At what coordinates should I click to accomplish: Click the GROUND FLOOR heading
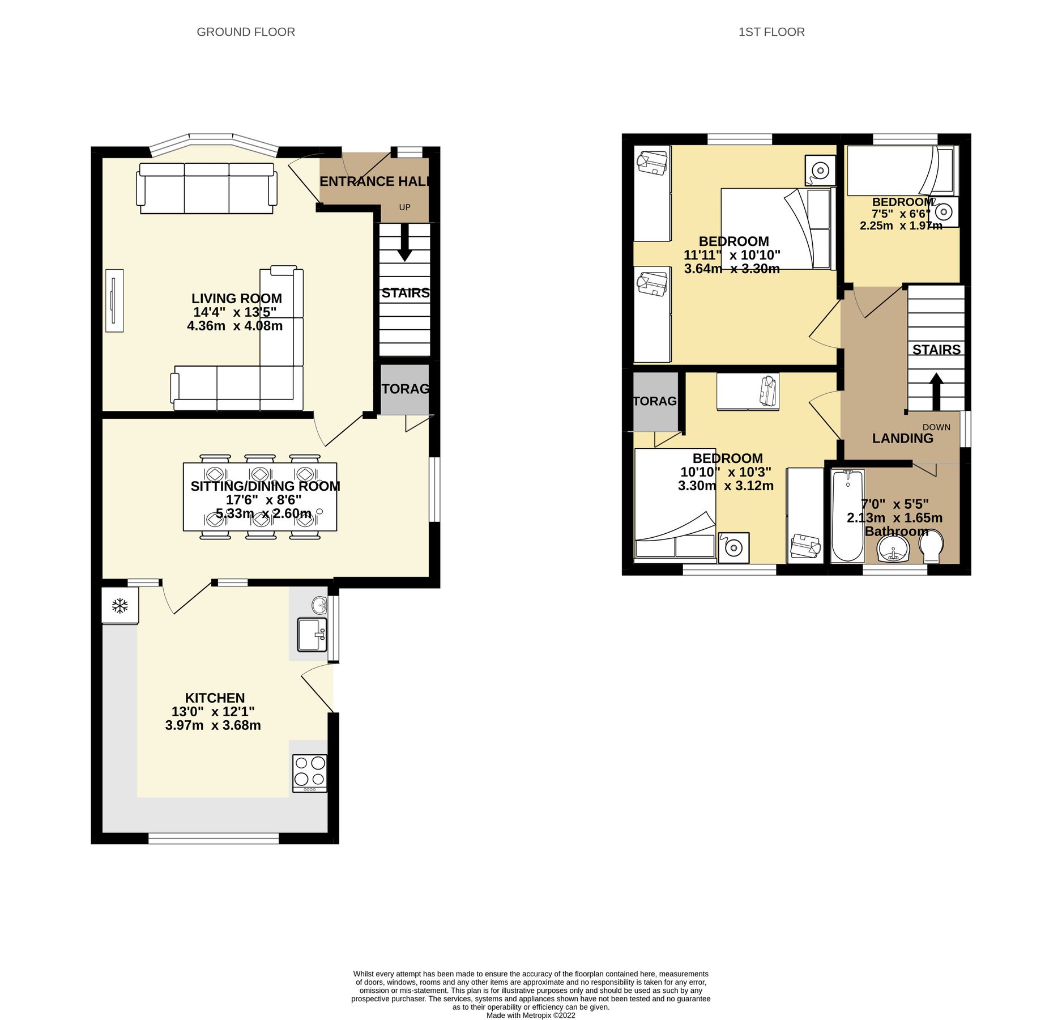coord(245,32)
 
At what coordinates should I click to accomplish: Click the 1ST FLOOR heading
coord(771,32)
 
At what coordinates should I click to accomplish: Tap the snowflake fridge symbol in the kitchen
coord(119,606)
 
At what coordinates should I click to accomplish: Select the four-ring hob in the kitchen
coord(310,773)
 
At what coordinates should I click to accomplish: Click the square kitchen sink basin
coord(311,635)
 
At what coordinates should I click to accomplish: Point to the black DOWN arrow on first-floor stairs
coord(936,391)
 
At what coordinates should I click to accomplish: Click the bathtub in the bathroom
coord(847,516)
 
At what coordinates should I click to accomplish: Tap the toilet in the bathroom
coord(931,547)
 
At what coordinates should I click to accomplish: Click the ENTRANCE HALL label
coord(374,182)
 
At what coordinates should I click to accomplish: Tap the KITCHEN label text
coord(215,698)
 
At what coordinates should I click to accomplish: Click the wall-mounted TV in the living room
coord(114,300)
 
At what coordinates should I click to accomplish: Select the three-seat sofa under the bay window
coord(207,188)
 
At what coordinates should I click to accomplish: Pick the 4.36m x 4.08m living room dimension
coord(234,326)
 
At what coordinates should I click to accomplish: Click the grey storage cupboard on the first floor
coord(655,401)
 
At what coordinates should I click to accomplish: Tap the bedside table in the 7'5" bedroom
coord(944,212)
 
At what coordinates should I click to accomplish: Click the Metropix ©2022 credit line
coord(531,1015)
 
